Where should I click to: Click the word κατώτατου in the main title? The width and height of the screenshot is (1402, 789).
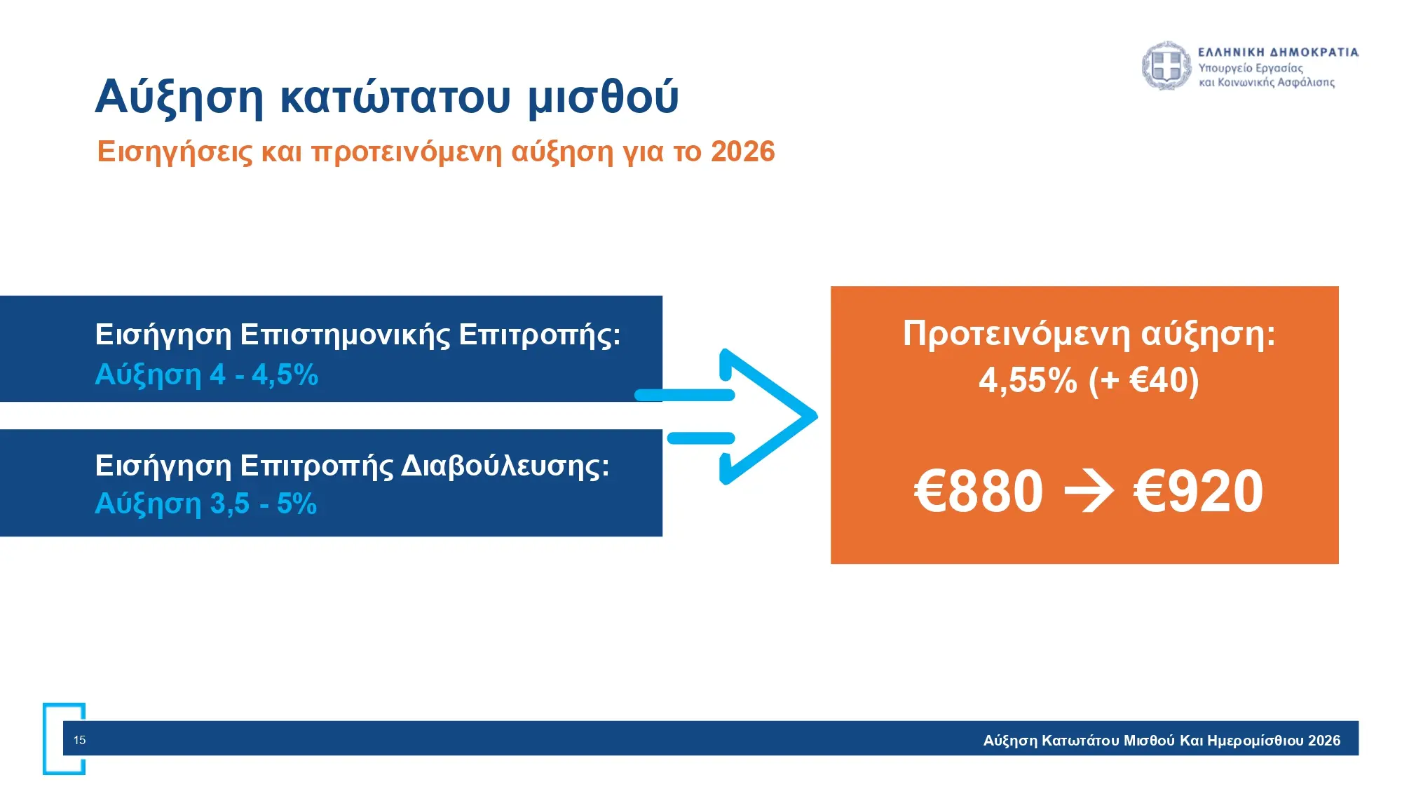tap(395, 96)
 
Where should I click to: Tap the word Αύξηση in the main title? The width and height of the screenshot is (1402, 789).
tap(179, 97)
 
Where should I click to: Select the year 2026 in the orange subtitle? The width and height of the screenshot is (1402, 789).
tap(742, 151)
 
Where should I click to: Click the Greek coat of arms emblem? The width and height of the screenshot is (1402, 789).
tap(1166, 66)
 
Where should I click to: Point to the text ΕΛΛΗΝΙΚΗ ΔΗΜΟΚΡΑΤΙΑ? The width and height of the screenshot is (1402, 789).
tap(1279, 52)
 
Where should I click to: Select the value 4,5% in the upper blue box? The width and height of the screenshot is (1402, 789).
tap(285, 375)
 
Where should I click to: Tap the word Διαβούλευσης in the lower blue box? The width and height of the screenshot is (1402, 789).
tap(505, 466)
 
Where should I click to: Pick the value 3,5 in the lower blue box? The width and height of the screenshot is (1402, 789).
tap(229, 504)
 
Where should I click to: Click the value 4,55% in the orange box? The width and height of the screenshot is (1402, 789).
tap(1028, 381)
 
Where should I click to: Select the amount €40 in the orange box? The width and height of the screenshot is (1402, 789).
tap(1159, 380)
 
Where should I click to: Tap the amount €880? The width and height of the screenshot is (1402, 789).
tap(979, 491)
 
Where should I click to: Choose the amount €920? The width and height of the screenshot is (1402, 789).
tap(1198, 491)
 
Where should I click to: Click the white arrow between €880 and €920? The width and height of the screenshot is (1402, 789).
tap(1089, 492)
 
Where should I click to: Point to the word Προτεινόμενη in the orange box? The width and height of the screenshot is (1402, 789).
tap(1016, 334)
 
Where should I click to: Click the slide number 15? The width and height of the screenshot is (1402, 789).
tap(80, 740)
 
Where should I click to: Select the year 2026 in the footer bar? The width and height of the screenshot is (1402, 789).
tap(1324, 741)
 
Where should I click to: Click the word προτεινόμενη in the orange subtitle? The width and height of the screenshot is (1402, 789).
tap(407, 152)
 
